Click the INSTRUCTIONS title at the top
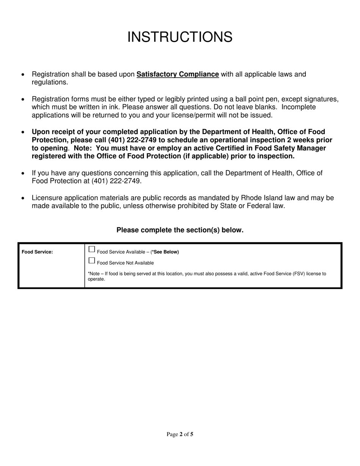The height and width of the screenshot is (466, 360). coord(180,37)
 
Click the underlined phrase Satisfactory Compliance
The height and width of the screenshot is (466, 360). coord(177,74)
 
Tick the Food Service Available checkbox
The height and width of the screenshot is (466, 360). coord(91,249)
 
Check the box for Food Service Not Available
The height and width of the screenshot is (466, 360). coord(91,261)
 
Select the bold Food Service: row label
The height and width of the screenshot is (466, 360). coord(37,252)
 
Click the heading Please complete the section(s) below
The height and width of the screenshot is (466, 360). coord(180,230)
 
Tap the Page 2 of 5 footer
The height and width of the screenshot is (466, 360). coord(180,435)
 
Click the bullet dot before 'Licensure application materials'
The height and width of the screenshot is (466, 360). coord(24,198)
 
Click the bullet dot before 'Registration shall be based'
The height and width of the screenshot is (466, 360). coord(24,75)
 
